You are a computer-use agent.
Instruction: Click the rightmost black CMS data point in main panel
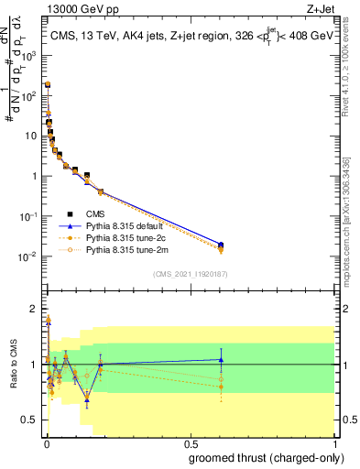[x=221, y=245]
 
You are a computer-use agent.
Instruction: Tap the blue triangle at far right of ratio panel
[x=221, y=359]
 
